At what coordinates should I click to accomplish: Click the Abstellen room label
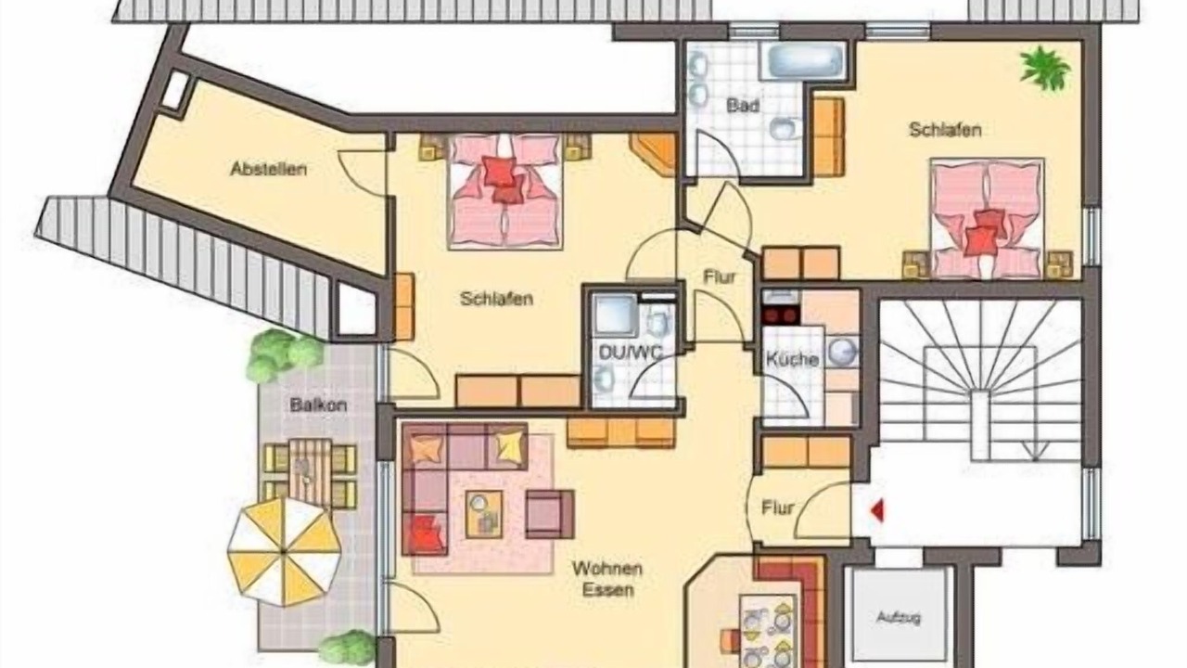269,169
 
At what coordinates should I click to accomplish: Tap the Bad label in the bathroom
743,106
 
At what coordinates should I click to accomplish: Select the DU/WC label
630,353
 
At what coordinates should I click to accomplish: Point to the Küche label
792,359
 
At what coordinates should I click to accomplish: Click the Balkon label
318,405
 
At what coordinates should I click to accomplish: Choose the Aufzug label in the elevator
899,618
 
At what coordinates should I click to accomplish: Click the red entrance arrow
877,510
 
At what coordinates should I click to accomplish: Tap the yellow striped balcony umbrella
284,552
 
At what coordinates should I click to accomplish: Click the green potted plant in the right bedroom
1044,69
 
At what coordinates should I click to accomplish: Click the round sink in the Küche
843,352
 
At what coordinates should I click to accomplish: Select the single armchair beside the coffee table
550,514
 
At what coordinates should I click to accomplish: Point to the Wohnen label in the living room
607,570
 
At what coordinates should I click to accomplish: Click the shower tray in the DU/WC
616,315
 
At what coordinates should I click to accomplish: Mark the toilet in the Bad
785,128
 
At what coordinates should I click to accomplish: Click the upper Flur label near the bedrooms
720,276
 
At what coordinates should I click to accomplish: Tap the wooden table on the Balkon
310,472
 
